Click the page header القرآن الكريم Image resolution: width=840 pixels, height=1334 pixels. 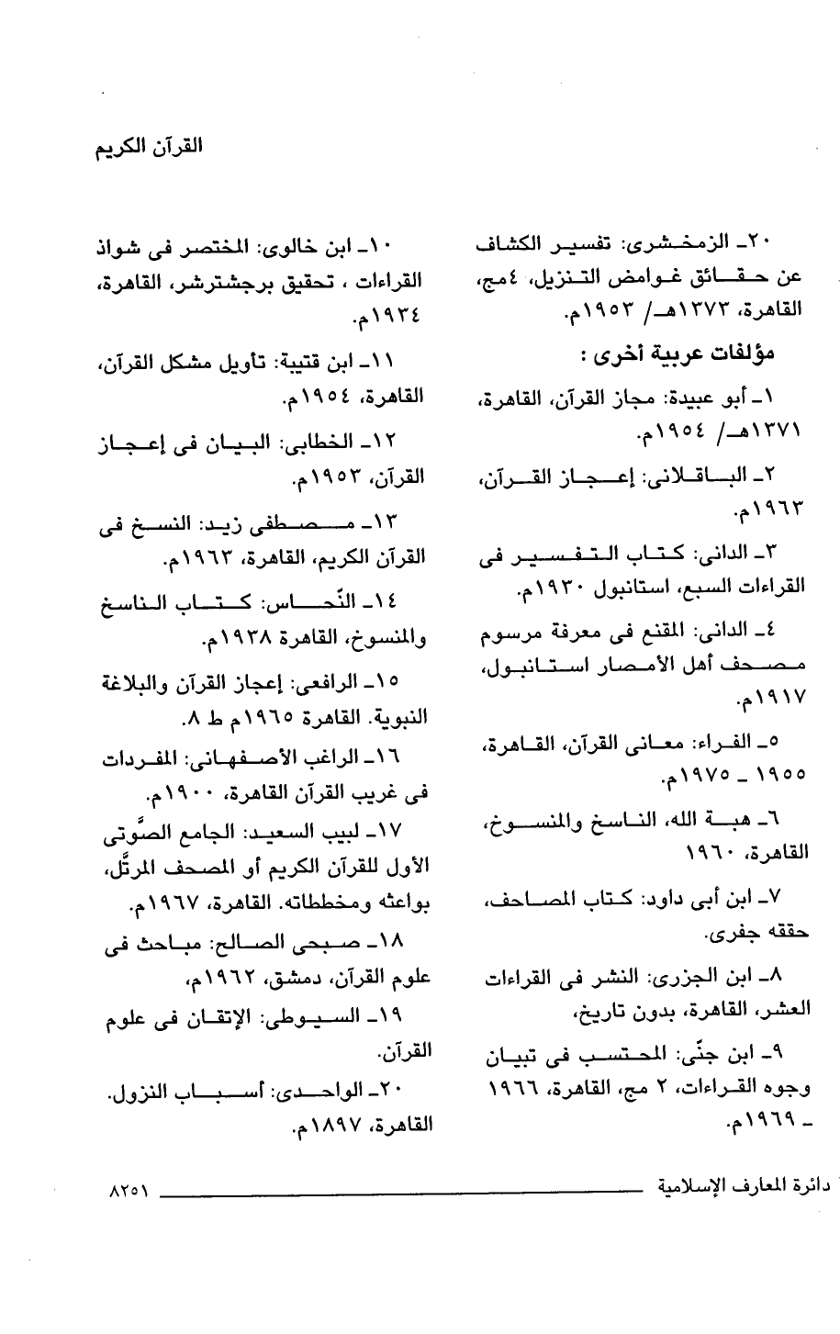[x=150, y=147]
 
